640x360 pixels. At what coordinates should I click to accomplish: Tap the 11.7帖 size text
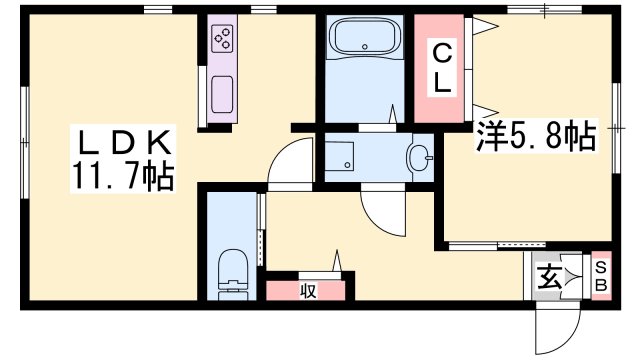pos(122,178)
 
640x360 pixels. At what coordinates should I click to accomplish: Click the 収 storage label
pos(309,291)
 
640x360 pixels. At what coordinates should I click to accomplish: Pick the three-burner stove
pos(223,40)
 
